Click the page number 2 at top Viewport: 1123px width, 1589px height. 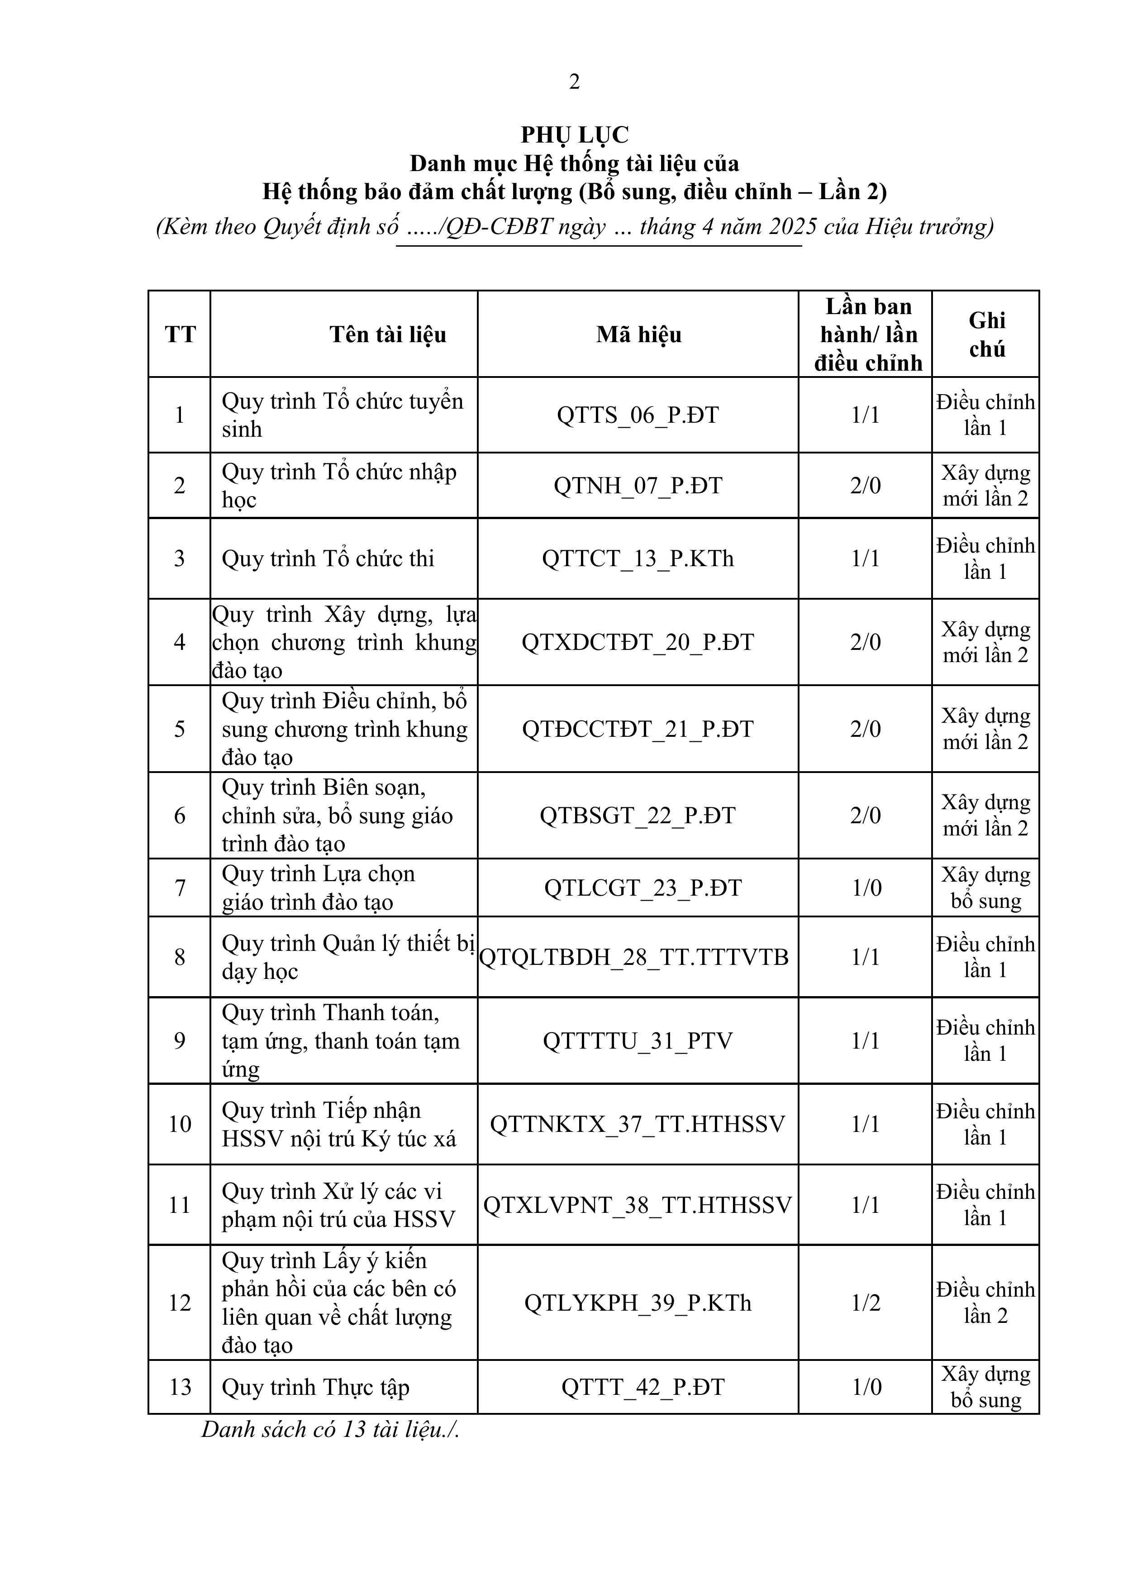point(574,81)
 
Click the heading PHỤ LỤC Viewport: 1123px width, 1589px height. point(574,134)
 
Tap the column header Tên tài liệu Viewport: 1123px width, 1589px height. point(387,335)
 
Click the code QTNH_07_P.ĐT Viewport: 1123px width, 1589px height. point(638,486)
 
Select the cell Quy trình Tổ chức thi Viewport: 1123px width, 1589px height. point(328,558)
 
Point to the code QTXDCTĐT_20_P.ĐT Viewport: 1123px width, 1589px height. point(638,642)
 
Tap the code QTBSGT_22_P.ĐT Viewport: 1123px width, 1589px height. point(638,815)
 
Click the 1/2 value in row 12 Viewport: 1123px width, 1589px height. point(866,1303)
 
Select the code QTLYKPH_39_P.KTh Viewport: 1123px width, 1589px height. point(638,1303)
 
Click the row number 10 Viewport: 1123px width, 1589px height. point(180,1124)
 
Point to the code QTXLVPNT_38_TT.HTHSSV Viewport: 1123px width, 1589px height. point(637,1205)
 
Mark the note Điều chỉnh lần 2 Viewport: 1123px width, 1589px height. point(986,1303)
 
